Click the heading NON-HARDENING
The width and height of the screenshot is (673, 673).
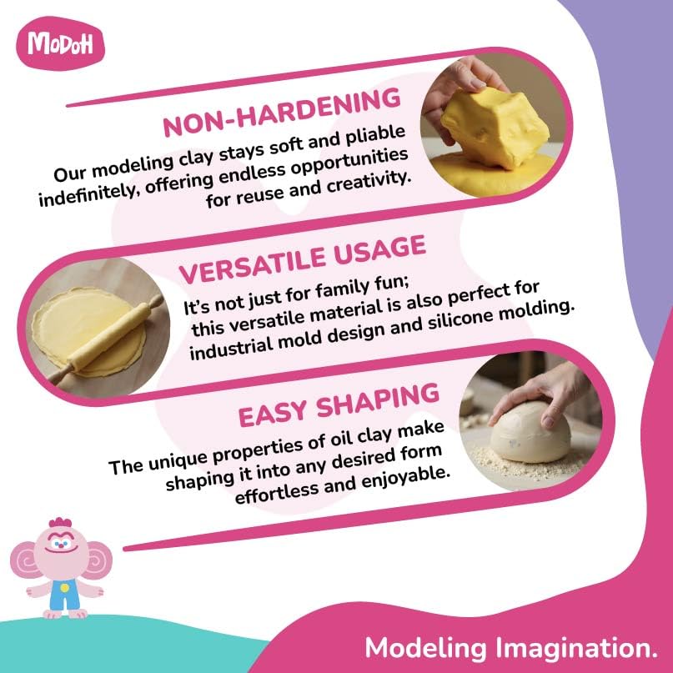click(x=281, y=113)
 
